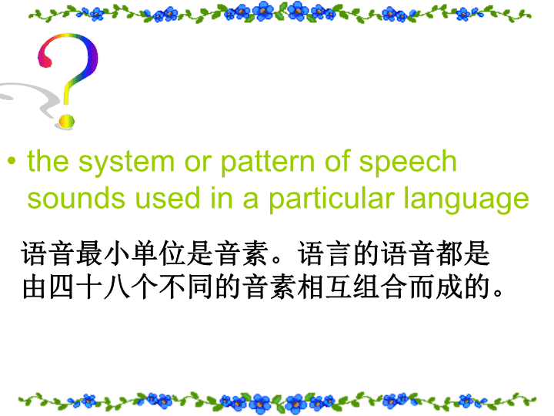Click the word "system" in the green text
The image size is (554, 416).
point(126,163)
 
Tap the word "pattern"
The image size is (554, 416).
point(268,163)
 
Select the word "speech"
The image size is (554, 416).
point(408,162)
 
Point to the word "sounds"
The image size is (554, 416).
point(76,199)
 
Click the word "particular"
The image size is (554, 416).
point(331,200)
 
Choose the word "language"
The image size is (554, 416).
point(466,200)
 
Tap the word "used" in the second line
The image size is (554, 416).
point(168,199)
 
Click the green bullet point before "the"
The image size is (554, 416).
point(12,161)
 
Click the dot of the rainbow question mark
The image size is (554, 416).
point(67,122)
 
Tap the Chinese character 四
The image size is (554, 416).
point(61,287)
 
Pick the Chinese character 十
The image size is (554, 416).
point(88,287)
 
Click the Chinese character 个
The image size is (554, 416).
point(144,287)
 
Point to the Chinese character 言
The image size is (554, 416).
point(339,253)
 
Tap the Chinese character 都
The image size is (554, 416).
point(449,253)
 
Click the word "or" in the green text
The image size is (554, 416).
point(198,163)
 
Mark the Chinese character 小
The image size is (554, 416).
point(116,253)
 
